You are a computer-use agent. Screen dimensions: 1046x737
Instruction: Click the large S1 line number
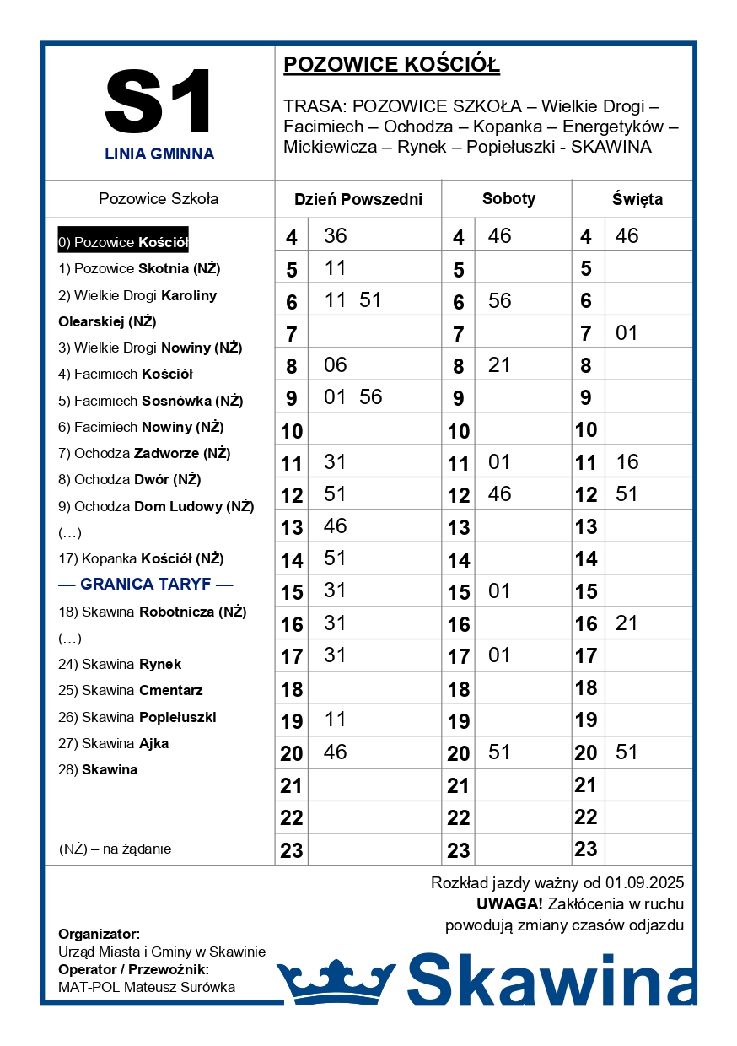pyautogui.click(x=159, y=103)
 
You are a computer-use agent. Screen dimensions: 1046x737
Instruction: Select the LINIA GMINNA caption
pyautogui.click(x=159, y=154)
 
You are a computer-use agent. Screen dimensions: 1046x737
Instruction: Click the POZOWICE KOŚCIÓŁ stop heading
pyautogui.click(x=391, y=65)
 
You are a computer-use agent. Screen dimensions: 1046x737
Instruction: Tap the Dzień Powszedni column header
pyautogui.click(x=358, y=200)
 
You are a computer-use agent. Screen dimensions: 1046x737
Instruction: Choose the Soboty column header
pyautogui.click(x=508, y=199)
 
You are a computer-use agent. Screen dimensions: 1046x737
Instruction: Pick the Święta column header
pyautogui.click(x=637, y=200)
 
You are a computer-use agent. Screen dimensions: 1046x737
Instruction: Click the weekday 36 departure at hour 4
pyautogui.click(x=335, y=236)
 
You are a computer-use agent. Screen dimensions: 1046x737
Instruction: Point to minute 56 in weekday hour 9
pyautogui.click(x=370, y=397)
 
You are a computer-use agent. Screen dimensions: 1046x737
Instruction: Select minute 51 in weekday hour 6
pyautogui.click(x=370, y=300)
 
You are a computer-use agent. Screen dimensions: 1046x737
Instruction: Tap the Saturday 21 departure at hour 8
pyautogui.click(x=499, y=364)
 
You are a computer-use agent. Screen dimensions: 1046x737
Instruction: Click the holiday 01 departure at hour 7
pyautogui.click(x=627, y=333)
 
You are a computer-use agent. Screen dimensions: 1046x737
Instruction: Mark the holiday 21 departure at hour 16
pyautogui.click(x=627, y=623)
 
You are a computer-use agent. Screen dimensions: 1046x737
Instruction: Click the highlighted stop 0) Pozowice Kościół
pyautogui.click(x=123, y=242)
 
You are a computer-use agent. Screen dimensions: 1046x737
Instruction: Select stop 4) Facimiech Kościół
pyautogui.click(x=126, y=374)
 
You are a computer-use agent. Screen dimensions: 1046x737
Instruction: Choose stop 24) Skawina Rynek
pyautogui.click(x=120, y=664)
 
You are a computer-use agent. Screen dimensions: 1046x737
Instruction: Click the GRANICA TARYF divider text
pyautogui.click(x=146, y=585)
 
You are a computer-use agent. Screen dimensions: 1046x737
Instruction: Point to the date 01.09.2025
pyautogui.click(x=644, y=883)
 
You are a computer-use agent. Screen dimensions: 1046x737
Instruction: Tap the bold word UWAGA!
pyautogui.click(x=509, y=904)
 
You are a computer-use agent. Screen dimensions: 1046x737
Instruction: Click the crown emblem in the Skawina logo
pyautogui.click(x=336, y=982)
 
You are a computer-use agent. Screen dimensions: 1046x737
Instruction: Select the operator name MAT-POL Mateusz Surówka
pyautogui.click(x=147, y=987)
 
